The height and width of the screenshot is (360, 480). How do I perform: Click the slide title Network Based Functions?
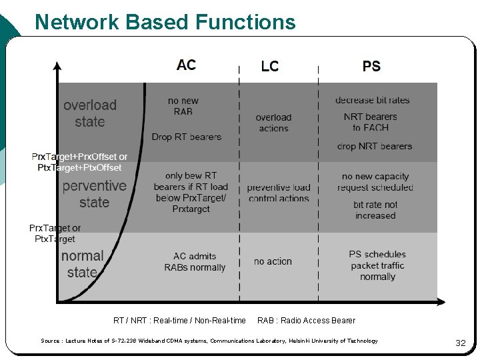click(165, 22)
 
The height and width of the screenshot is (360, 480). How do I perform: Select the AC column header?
click(186, 65)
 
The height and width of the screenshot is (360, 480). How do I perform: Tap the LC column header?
click(269, 66)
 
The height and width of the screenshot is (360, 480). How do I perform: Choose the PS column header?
click(371, 66)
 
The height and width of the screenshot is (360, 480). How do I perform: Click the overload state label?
click(90, 113)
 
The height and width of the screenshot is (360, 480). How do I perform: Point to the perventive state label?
click(94, 194)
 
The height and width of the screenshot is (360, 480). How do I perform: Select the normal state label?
click(82, 264)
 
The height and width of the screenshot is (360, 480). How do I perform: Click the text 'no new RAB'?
click(183, 106)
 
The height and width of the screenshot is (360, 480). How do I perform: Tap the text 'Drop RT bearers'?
click(186, 137)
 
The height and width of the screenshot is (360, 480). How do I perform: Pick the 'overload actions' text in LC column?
click(273, 123)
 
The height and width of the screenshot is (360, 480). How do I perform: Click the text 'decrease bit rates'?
click(372, 100)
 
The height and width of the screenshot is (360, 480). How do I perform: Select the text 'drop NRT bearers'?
click(374, 146)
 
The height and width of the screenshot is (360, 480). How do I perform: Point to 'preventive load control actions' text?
click(279, 193)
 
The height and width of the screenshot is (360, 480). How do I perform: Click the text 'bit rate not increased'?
click(375, 210)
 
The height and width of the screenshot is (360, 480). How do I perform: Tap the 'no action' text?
click(273, 261)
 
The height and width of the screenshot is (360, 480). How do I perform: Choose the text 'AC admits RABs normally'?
click(195, 262)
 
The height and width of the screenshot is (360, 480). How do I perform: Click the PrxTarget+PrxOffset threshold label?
click(79, 162)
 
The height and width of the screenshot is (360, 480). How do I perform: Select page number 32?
click(460, 343)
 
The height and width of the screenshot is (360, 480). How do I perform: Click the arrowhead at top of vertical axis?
click(57, 65)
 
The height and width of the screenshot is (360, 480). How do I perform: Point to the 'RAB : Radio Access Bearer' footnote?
click(306, 321)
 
